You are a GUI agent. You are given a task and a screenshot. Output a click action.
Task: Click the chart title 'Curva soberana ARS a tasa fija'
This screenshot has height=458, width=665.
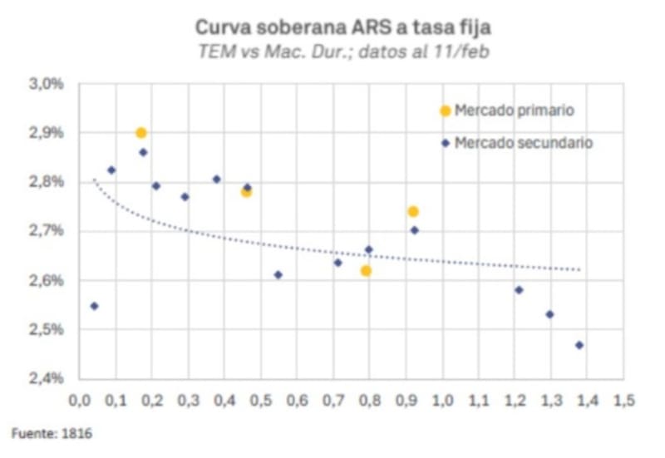pos(342,28)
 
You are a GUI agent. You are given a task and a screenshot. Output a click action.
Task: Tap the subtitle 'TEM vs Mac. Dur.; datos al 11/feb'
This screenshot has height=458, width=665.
pos(342,52)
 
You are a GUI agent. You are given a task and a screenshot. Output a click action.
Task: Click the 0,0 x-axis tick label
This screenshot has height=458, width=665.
pos(79,401)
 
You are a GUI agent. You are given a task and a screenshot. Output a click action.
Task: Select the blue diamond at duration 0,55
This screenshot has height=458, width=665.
pos(278,274)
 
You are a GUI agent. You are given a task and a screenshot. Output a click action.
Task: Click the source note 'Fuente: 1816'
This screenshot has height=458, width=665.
pos(41,433)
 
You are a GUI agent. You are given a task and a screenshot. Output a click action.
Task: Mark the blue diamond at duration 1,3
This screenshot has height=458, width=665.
pos(549,314)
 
